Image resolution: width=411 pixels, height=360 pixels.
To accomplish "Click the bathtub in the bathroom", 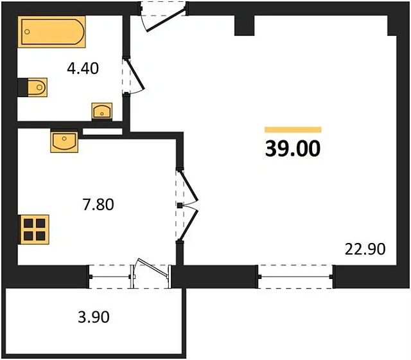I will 51,33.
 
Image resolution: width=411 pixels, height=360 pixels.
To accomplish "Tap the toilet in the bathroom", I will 37,87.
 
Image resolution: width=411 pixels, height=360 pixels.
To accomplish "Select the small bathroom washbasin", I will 102,111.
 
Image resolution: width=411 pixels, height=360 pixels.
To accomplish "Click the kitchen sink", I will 64,139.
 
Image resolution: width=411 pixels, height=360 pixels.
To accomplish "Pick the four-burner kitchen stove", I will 33,228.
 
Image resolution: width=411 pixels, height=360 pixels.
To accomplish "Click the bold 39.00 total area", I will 292,148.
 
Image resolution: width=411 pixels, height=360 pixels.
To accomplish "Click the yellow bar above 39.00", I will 293,129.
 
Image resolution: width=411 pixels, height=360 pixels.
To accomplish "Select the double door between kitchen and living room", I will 185,205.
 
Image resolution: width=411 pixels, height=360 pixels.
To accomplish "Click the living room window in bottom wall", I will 296,276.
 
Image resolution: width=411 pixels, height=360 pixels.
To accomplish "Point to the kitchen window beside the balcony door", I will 110,276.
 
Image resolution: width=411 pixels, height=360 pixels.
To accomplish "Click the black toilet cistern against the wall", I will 22,87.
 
